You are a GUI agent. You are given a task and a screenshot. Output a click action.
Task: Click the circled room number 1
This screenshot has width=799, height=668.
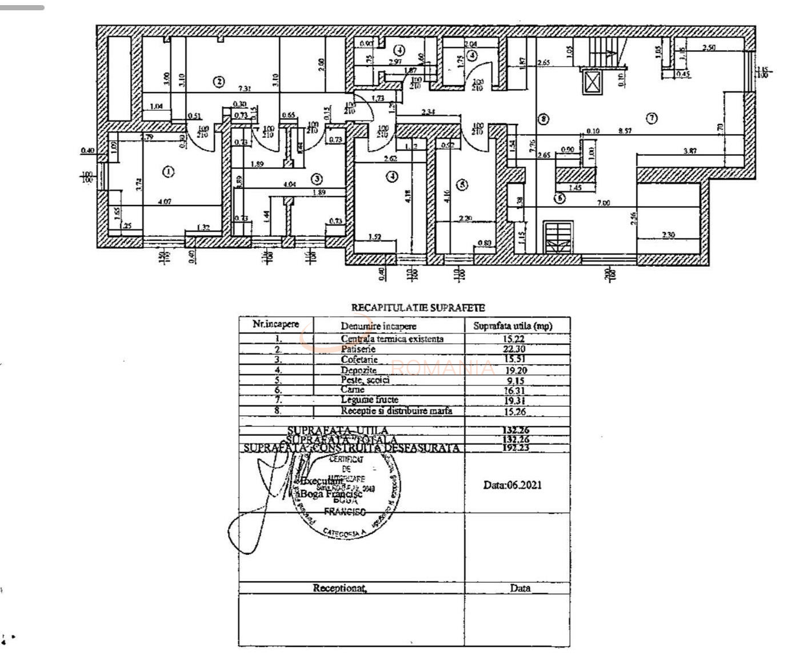pos(168,171)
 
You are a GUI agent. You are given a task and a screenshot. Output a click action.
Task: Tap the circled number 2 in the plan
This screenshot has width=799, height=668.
pos(218,82)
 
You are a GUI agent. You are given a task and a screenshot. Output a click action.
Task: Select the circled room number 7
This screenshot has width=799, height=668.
pos(651,118)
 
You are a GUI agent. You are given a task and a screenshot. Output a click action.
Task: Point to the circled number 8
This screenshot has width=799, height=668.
pos(544,119)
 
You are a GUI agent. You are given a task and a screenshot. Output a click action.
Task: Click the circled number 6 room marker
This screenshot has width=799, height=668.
pos(560,198)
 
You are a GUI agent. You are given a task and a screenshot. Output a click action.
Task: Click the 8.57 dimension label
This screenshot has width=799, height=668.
pos(625,131)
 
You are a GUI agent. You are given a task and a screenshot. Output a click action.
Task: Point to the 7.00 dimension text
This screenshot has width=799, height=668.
pos(603,203)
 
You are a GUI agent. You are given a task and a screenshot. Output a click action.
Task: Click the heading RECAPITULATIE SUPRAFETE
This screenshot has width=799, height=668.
pos(418,308)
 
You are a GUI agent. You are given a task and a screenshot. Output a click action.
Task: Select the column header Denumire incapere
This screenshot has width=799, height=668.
pos(378,326)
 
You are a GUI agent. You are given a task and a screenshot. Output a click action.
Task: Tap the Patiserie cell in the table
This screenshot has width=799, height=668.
pos(358,349)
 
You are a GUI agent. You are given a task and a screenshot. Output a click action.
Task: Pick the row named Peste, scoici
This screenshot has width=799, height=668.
pos(365,380)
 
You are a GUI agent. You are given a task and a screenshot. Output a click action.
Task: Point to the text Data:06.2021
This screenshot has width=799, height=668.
pos(513,485)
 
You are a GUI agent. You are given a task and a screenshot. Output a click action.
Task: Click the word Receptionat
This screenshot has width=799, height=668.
pos(339,588)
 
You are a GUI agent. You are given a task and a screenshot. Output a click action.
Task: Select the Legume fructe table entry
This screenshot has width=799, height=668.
pos(369,400)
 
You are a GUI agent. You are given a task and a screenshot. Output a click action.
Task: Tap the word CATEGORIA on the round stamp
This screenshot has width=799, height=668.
pos(341,533)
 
